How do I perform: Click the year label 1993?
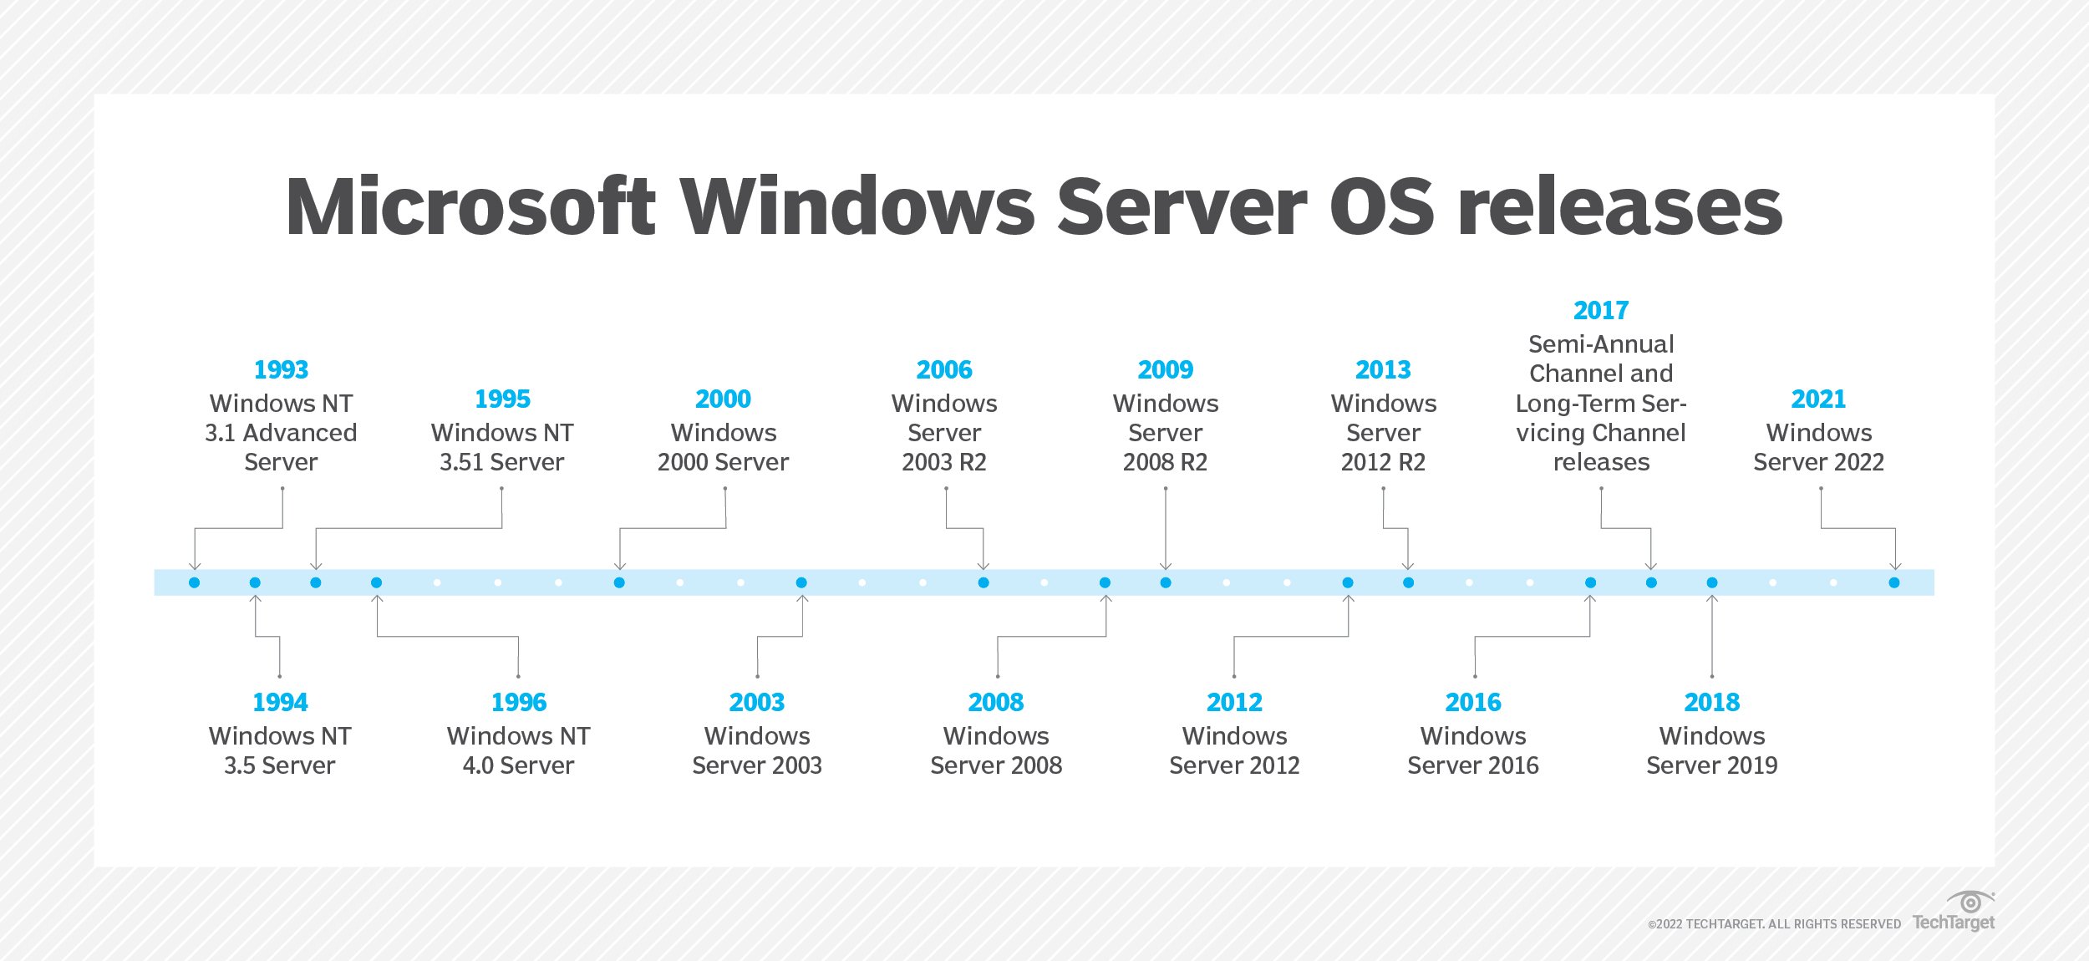[x=281, y=369]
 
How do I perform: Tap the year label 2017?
[x=1601, y=310]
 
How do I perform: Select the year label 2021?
[x=1818, y=399]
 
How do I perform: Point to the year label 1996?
[x=518, y=702]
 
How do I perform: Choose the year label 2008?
[x=996, y=702]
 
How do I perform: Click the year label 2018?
[x=1711, y=702]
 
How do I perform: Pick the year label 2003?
[x=757, y=702]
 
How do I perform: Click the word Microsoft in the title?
[x=471, y=206]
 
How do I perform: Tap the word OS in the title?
[x=1382, y=206]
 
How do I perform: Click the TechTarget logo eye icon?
[x=1970, y=903]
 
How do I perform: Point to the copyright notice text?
[x=1774, y=924]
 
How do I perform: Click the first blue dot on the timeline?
[x=195, y=582]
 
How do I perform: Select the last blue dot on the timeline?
[x=1894, y=582]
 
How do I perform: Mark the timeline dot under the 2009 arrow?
[x=1166, y=582]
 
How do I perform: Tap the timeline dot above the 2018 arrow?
[x=1712, y=582]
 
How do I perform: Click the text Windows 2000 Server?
[x=724, y=447]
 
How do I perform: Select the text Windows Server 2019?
[x=1711, y=750]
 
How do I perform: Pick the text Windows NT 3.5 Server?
[x=280, y=750]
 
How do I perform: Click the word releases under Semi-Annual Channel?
[x=1601, y=462]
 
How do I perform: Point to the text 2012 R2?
[x=1383, y=462]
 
